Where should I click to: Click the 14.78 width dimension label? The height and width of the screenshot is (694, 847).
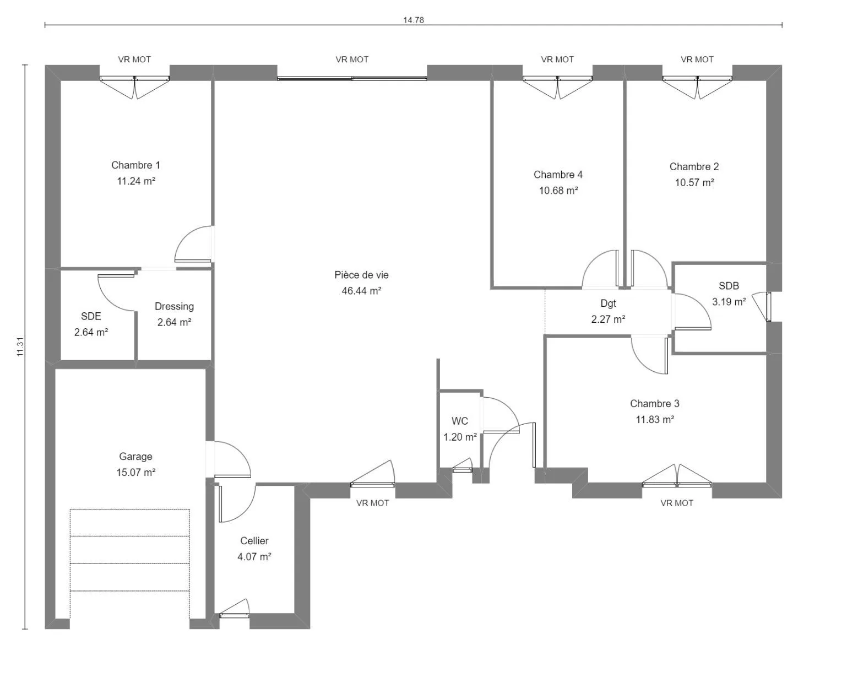pos(413,20)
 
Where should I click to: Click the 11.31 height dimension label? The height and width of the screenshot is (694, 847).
pos(20,346)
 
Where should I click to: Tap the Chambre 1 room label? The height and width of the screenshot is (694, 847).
pos(135,165)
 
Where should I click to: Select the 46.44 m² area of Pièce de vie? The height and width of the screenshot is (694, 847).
pos(361,291)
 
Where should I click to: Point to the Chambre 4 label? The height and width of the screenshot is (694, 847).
pos(558,175)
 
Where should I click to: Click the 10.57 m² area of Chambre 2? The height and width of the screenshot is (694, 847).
pos(694,183)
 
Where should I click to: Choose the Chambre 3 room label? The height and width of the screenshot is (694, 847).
pos(655,404)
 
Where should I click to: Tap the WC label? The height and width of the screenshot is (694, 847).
pos(459,421)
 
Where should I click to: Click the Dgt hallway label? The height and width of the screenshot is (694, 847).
pos(608,303)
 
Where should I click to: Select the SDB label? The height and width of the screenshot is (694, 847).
pos(729,286)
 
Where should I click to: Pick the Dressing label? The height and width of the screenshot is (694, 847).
pos(174,306)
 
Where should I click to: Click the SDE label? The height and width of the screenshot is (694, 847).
pos(91,317)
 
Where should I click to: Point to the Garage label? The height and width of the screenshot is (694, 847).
pos(135,457)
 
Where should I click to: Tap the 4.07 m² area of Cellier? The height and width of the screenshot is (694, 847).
pos(254,557)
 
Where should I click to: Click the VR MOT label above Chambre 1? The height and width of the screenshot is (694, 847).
pos(134,59)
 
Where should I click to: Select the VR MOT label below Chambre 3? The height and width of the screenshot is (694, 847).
pos(677,503)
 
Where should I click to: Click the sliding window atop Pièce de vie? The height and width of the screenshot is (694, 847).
pos(352,78)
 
